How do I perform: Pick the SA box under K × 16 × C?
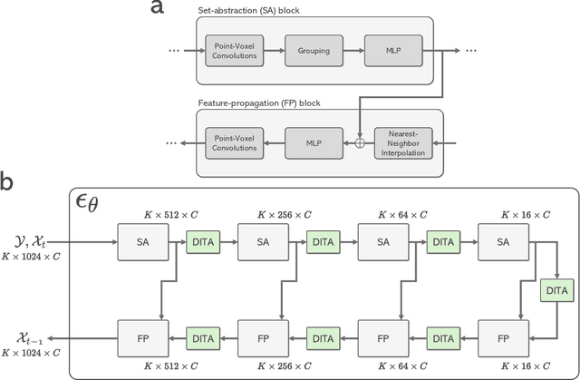click(x=503, y=243)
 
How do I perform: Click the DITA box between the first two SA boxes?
click(x=202, y=243)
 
